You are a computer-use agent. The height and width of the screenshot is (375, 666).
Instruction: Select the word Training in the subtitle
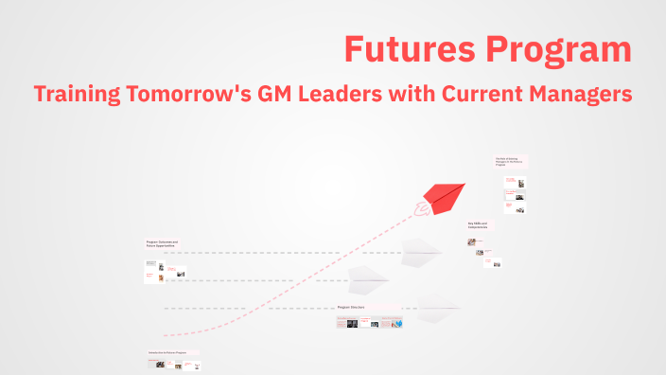(74, 95)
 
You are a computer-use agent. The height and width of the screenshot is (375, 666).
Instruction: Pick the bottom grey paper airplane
(438, 305)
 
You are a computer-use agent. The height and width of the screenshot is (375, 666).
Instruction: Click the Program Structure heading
(351, 308)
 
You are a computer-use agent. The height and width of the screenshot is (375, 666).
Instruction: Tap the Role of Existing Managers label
(507, 161)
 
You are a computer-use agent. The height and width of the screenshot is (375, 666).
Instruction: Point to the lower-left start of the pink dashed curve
(166, 336)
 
